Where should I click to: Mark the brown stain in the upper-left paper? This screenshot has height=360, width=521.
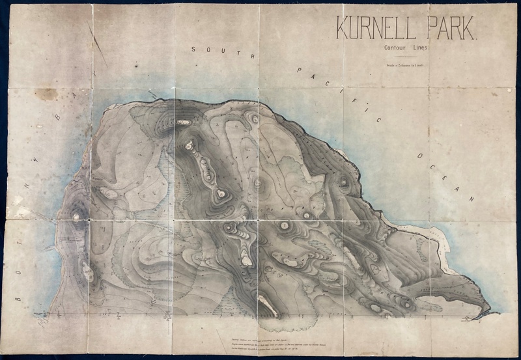point(47,94)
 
